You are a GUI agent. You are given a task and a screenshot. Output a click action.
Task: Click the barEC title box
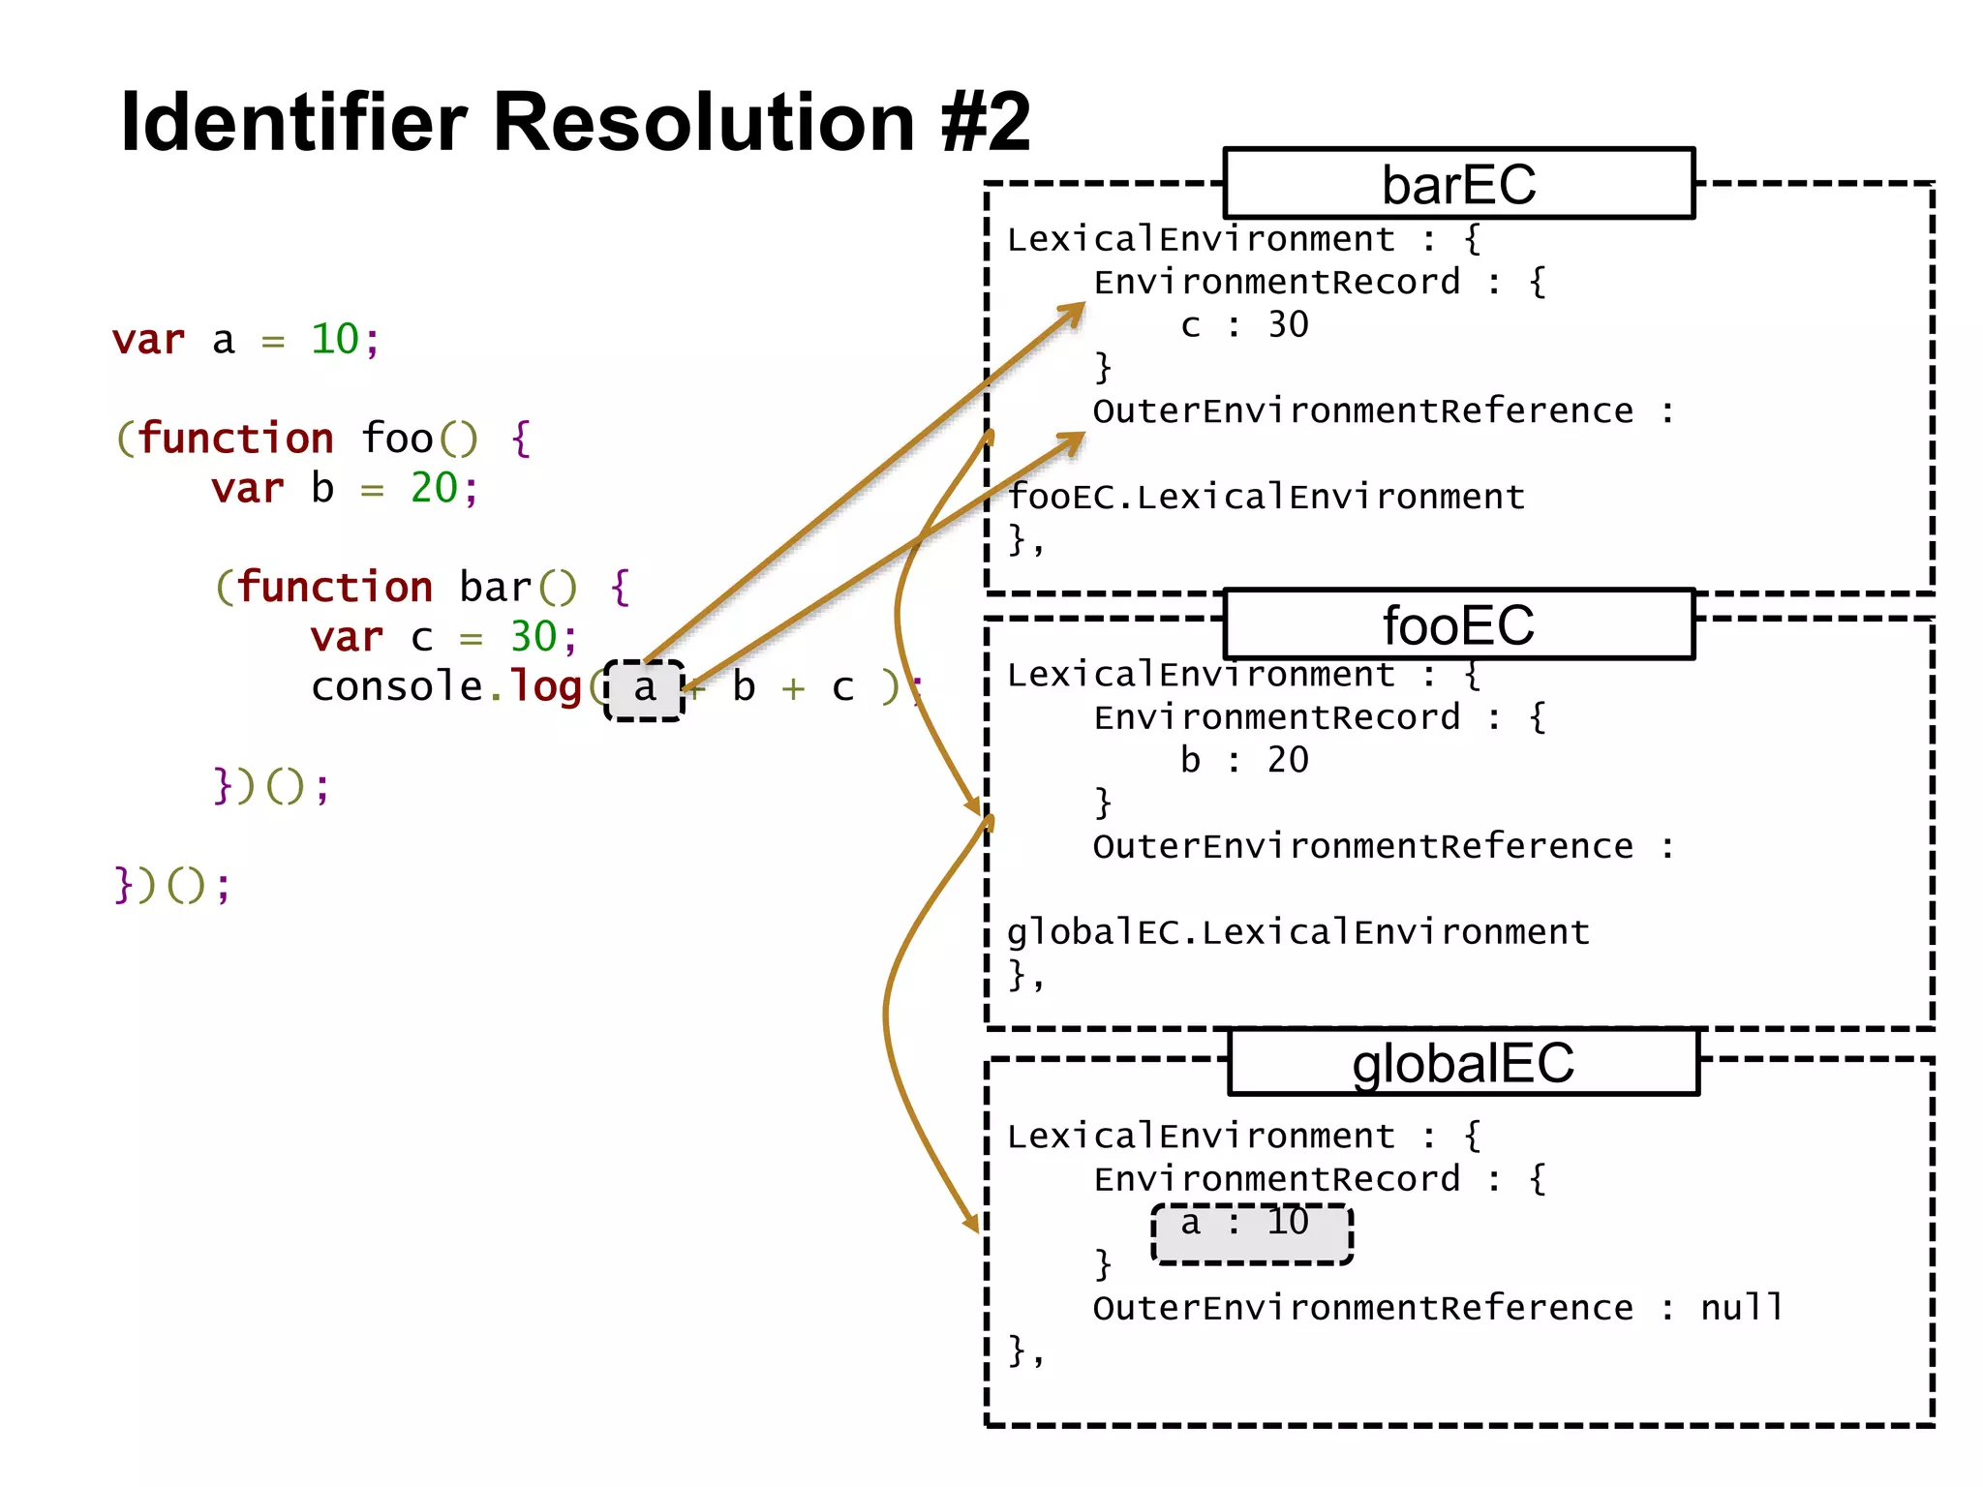(1458, 184)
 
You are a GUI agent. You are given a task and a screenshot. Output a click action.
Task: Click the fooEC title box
(1458, 624)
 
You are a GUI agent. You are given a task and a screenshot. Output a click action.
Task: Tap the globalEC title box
(1463, 1063)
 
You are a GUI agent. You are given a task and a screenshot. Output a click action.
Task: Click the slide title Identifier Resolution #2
(575, 122)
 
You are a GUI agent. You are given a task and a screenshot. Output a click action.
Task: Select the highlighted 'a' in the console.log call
(645, 689)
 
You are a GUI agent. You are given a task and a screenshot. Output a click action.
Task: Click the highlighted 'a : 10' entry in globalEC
(1251, 1231)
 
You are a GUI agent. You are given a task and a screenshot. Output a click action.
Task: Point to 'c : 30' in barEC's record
(1244, 325)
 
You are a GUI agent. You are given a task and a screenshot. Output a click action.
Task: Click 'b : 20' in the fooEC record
(1244, 761)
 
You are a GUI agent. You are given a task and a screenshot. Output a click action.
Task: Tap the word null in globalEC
(1742, 1308)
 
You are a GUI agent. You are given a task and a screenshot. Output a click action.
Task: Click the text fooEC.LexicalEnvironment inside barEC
(1266, 498)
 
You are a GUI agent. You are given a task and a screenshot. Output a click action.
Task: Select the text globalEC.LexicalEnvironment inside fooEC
(1297, 932)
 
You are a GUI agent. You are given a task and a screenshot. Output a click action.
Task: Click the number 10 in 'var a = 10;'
(335, 340)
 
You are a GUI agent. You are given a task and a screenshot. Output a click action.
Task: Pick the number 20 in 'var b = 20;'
(434, 489)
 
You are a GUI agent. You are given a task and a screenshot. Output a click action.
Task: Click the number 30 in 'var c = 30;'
(534, 638)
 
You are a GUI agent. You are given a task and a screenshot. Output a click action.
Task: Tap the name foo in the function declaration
(397, 439)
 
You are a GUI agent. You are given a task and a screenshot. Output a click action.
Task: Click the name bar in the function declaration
(496, 588)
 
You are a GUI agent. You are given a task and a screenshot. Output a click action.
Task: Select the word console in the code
(397, 687)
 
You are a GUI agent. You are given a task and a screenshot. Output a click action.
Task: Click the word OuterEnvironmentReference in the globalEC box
(1362, 1309)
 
